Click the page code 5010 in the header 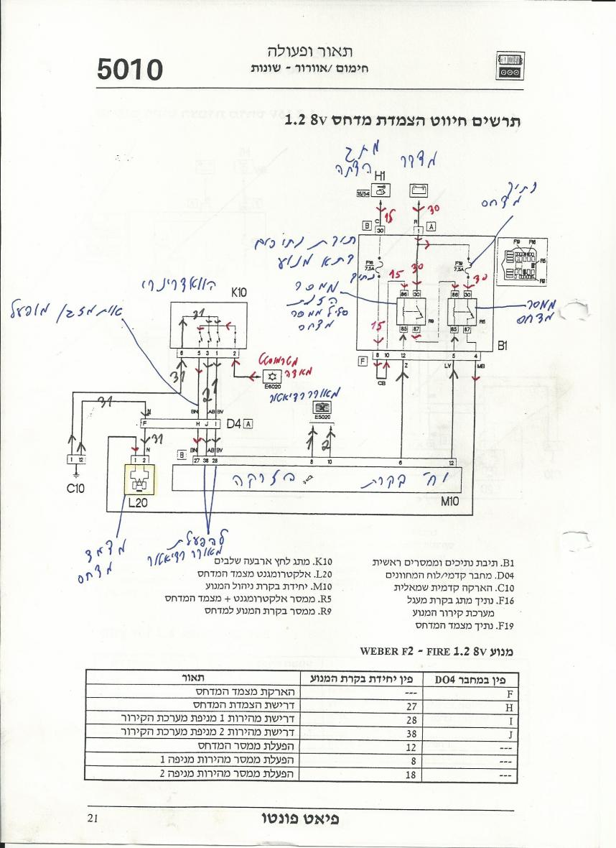[x=131, y=69]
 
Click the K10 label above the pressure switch [x=238, y=293]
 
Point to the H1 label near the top [x=381, y=175]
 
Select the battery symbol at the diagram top [x=419, y=190]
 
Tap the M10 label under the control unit [x=450, y=502]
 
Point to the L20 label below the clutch [x=138, y=503]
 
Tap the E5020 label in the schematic [x=322, y=416]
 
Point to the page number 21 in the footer [x=93, y=817]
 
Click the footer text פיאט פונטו [x=300, y=819]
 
